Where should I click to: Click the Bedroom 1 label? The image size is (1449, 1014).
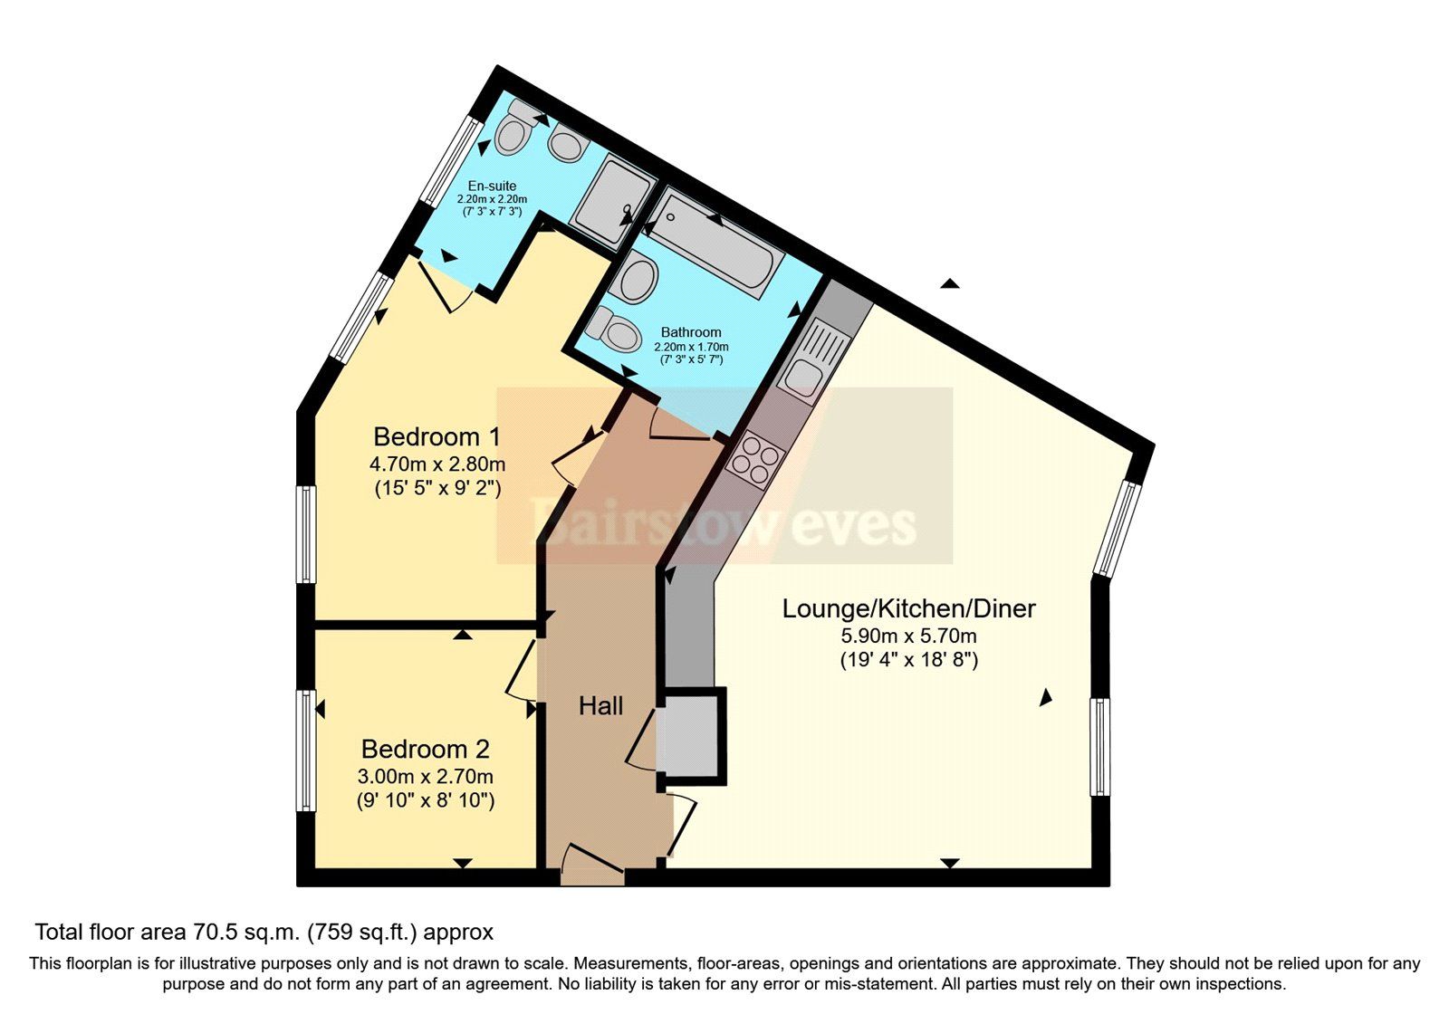pos(437,437)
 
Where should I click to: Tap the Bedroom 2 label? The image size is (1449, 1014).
pos(425,750)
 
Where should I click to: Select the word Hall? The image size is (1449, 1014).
pos(600,706)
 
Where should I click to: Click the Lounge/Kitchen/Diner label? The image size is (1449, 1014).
pos(908,608)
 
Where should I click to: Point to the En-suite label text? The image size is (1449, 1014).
pos(492,187)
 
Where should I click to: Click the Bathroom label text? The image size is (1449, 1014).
pos(691,332)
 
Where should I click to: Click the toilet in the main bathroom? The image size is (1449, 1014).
pos(614,329)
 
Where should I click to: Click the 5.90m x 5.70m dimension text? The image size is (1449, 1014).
pos(908,636)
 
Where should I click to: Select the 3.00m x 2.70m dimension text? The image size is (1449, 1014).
pos(425,777)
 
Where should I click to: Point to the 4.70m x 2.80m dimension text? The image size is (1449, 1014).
pos(437,465)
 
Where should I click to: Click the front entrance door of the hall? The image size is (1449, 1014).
pos(593,865)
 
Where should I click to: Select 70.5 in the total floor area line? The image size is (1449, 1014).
pos(214,932)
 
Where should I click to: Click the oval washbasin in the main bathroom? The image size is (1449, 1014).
pos(638,279)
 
